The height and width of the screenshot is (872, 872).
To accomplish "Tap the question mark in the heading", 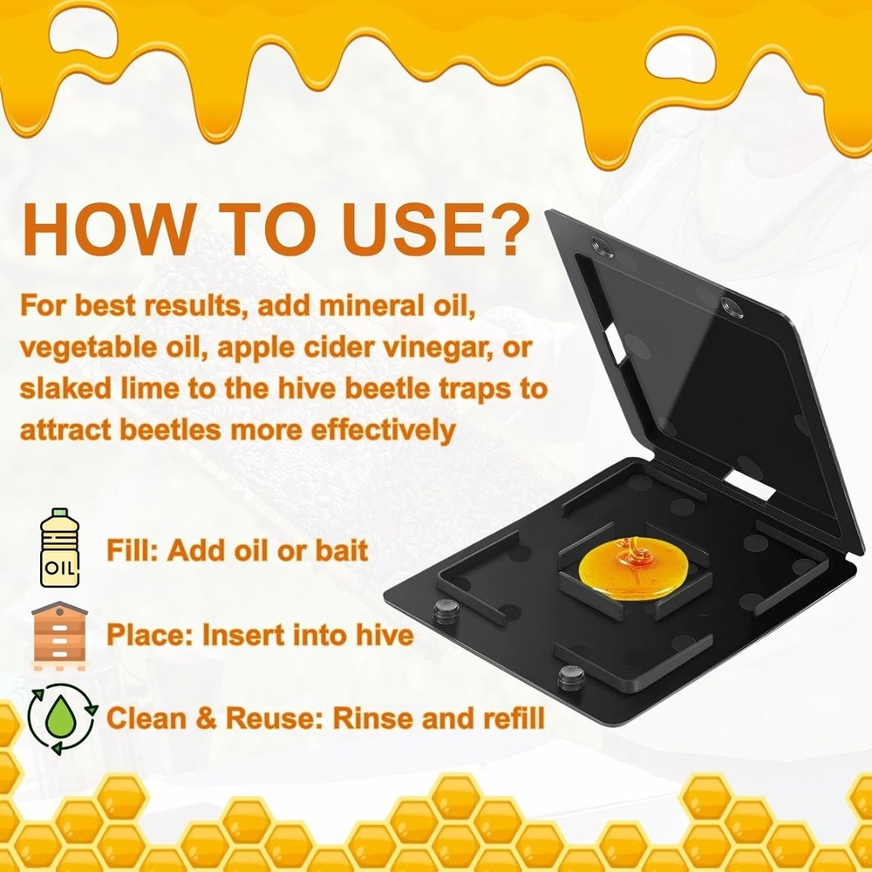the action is [504, 229].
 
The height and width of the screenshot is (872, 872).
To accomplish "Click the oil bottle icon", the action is [59, 548].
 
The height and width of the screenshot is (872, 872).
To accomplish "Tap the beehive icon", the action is [59, 636].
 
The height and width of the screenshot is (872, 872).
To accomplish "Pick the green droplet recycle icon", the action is [62, 719].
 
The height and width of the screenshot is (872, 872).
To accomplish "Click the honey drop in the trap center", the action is [633, 569].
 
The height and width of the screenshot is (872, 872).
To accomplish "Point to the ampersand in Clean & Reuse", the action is [205, 719].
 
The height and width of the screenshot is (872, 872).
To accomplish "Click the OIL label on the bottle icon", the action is [59, 568].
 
